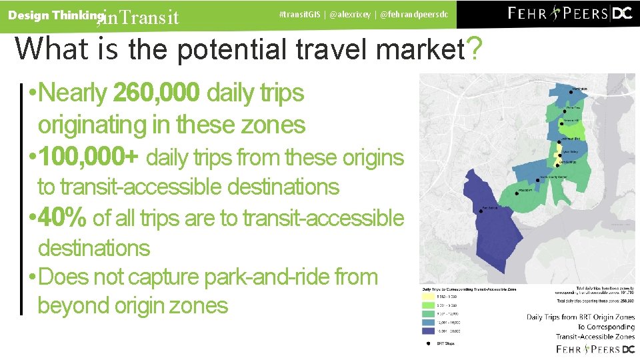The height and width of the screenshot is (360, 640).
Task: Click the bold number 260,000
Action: tap(156, 94)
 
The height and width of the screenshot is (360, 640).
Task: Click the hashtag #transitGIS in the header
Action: tap(300, 14)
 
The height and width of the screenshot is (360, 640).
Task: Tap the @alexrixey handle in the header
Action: tap(350, 14)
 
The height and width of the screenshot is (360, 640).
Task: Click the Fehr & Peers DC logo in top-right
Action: tap(570, 14)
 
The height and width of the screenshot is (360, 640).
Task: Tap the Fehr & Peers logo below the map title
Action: tap(595, 349)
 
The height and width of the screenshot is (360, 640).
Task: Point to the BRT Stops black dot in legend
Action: tap(428, 343)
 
